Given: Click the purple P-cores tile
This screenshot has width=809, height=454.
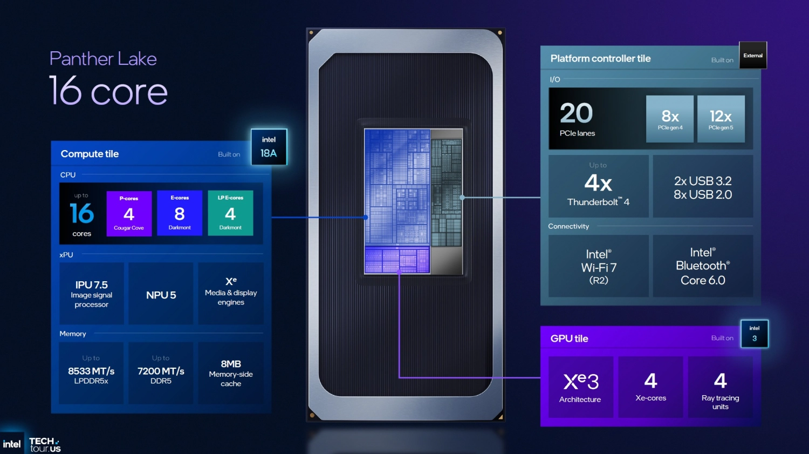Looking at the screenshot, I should coord(129,213).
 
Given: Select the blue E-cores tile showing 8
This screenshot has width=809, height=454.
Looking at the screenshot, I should coord(180,213).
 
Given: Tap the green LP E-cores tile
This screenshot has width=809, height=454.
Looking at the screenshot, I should coord(230,213).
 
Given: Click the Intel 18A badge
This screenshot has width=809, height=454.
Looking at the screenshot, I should coord(269,147).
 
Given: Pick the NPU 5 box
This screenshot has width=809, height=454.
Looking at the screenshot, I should coord(161,294).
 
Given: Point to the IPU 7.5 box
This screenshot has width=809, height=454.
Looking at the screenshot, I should coord(91,294).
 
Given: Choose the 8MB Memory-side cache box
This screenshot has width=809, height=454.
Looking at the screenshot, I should coord(231,373).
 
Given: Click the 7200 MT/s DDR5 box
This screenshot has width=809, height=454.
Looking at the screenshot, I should coord(161,373).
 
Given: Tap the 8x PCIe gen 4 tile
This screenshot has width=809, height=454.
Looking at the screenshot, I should coord(670,119).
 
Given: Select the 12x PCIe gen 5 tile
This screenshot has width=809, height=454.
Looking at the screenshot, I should coord(721,119).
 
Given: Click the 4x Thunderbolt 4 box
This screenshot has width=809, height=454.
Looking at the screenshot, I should coord(598,186).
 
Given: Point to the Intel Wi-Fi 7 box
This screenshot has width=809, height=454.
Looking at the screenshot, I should coord(598,266).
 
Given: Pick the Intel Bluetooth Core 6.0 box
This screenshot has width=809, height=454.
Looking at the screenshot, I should coord(703,266).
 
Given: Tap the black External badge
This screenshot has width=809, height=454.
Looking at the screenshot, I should coord(753,55).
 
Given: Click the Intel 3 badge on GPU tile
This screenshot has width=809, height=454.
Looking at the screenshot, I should coord(754,334).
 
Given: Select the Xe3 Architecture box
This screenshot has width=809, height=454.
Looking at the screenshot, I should coord(580,387).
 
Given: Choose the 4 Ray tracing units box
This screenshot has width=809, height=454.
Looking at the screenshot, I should coord(720,387).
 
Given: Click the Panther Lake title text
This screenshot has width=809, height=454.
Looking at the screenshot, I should coord(103,58).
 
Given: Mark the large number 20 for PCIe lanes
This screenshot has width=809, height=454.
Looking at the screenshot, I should coord(576,113).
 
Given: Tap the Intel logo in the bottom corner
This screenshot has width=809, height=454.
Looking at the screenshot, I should coord(12,444).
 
